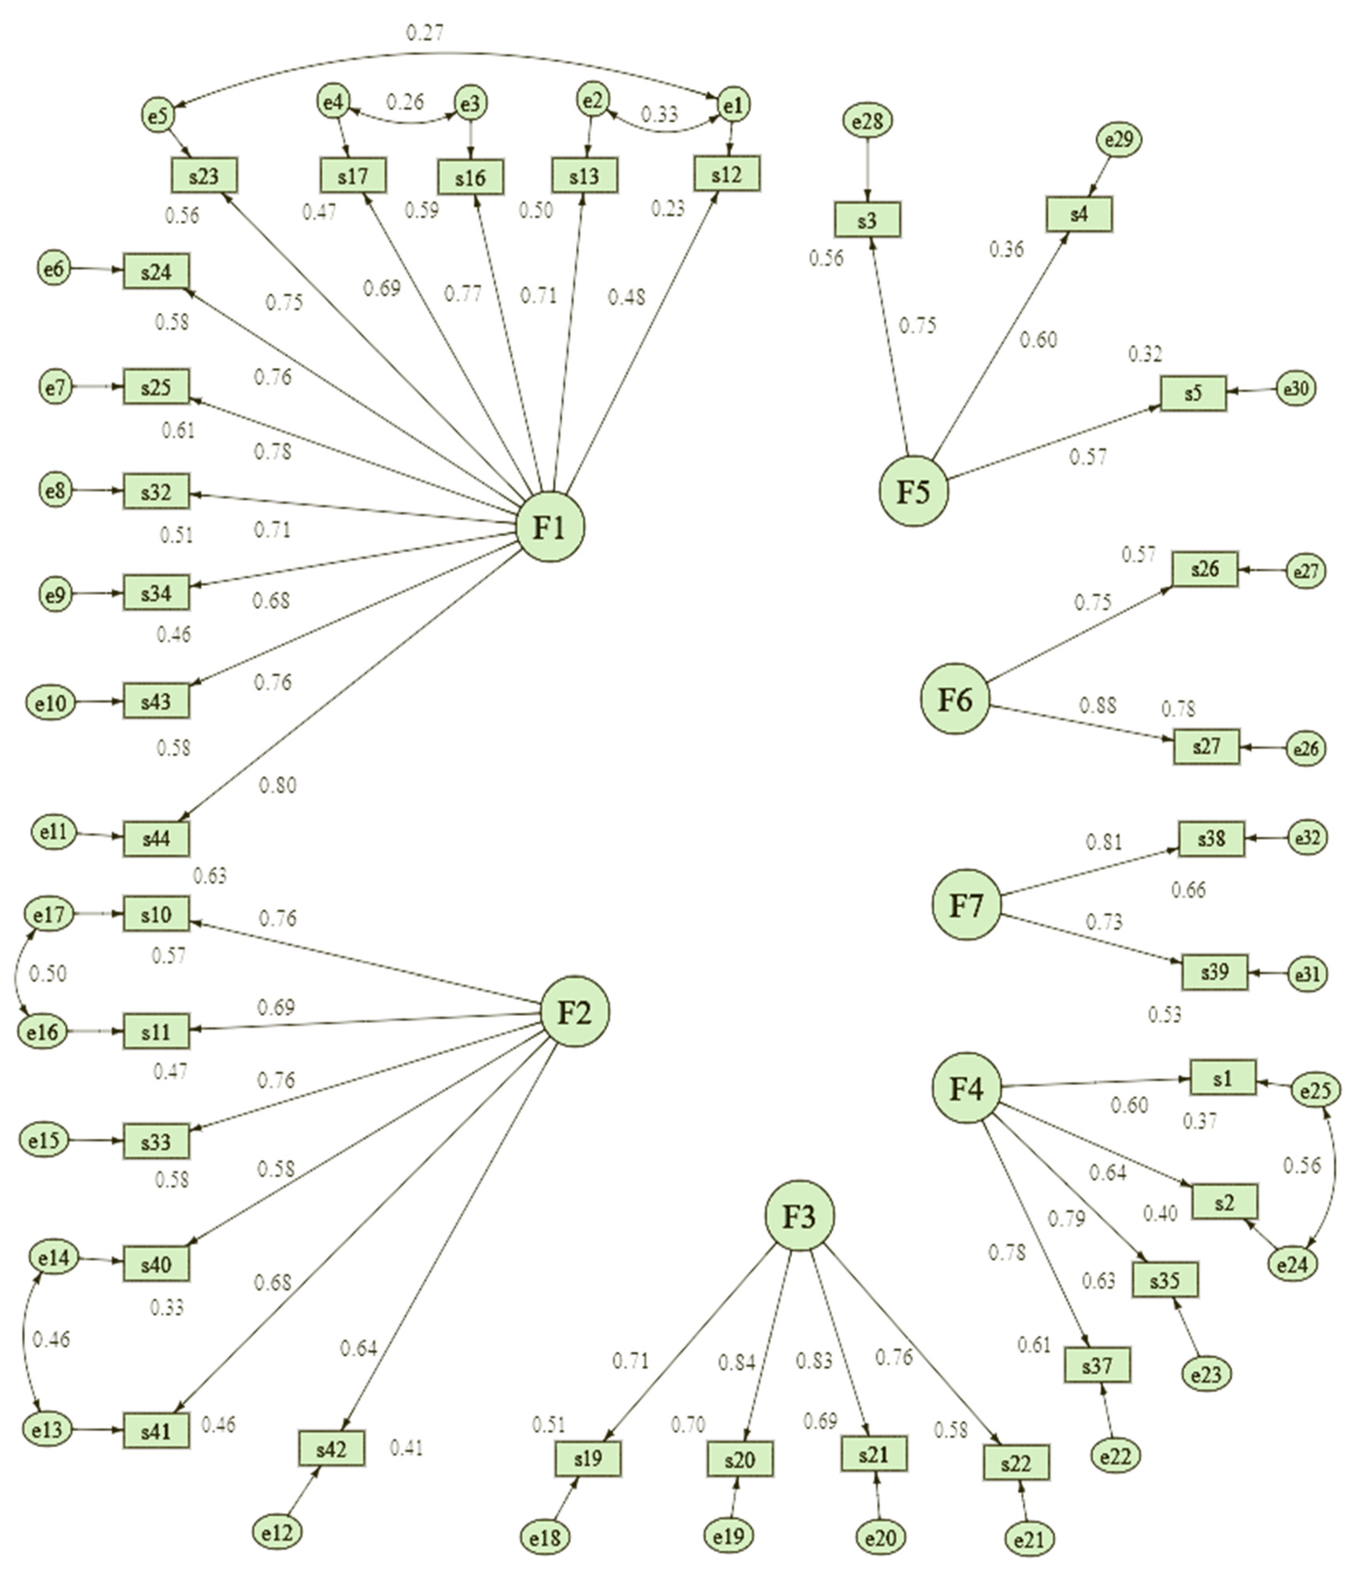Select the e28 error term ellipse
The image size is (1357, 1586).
(x=868, y=121)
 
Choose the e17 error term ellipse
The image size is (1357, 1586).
(x=50, y=914)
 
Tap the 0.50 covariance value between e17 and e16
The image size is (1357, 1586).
(x=47, y=974)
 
